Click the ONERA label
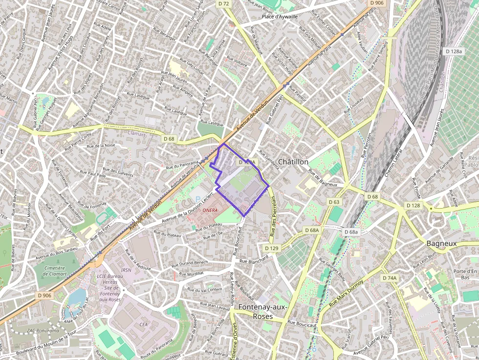[x=210, y=210]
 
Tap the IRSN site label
[x=126, y=270]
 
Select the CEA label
[x=144, y=324]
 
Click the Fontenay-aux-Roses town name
[x=263, y=311]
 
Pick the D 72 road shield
[x=224, y=3]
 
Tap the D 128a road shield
[x=454, y=51]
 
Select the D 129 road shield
[x=273, y=248]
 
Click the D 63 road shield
[x=334, y=202]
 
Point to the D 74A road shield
[x=390, y=277]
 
